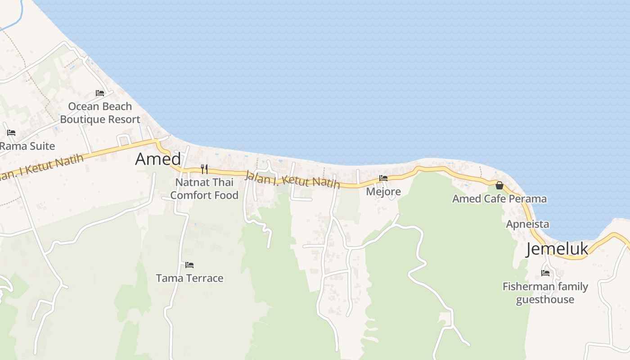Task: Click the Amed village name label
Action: click(158, 159)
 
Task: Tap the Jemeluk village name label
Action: click(557, 249)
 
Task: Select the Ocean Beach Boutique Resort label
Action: click(100, 113)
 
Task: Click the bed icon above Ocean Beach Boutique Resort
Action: click(100, 93)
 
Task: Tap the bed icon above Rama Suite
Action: click(11, 133)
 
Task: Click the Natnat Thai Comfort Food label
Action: click(204, 189)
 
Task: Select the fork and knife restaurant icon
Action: click(204, 169)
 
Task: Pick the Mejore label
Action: click(383, 192)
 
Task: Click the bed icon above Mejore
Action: click(383, 178)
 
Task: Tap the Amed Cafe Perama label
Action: click(499, 199)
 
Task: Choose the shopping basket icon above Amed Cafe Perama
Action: click(499, 185)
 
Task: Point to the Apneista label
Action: click(527, 224)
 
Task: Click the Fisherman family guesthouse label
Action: click(545, 293)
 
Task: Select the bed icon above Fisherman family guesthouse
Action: click(545, 273)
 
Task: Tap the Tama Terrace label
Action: click(189, 278)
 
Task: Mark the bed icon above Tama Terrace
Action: click(189, 265)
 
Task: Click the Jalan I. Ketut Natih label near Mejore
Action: click(292, 179)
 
